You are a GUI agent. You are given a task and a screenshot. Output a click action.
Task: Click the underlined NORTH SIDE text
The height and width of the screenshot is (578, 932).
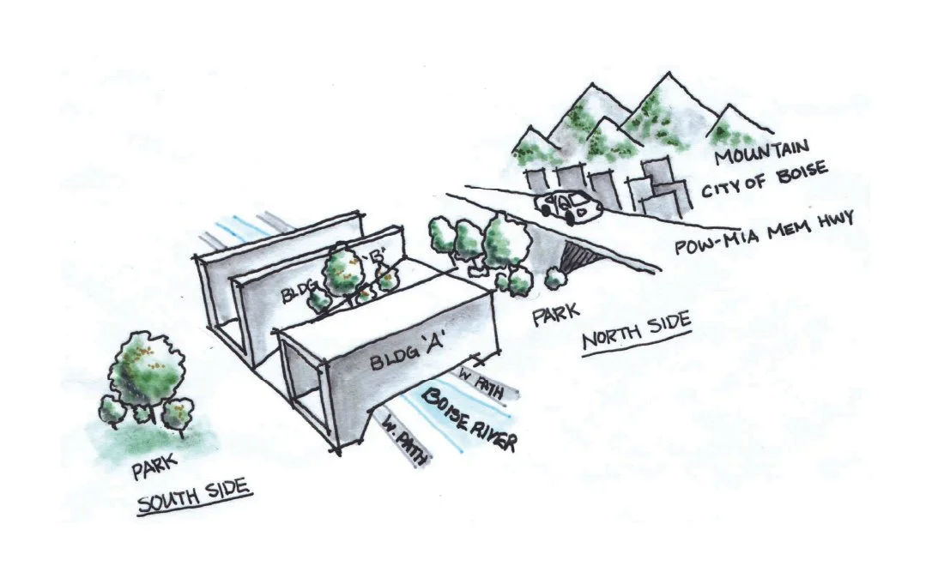click(x=636, y=333)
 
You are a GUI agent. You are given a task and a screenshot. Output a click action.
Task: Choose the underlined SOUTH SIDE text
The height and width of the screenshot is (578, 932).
click(x=192, y=495)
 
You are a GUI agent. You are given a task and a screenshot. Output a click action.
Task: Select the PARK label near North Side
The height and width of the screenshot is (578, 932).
click(x=556, y=317)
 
